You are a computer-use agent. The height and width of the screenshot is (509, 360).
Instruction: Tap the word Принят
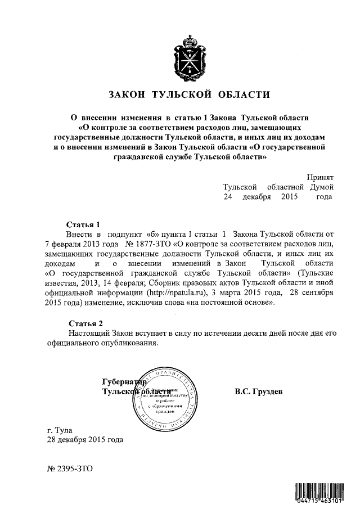click(320, 177)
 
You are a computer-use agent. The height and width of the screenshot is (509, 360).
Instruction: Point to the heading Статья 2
click(85, 323)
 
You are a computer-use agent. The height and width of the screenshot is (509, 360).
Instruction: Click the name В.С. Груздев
click(259, 391)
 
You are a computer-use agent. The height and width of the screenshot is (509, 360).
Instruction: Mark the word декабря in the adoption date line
click(257, 197)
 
